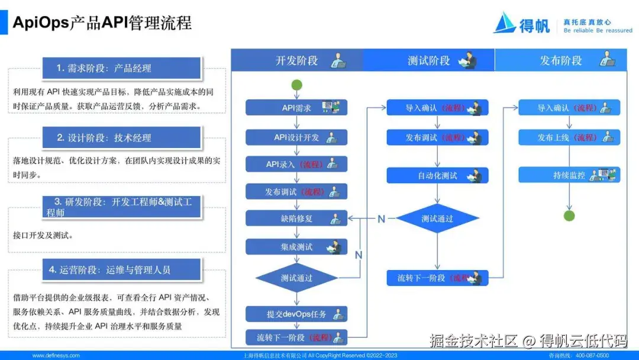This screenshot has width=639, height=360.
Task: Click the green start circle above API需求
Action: point(297,85)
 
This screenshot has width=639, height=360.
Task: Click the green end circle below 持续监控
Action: point(569,216)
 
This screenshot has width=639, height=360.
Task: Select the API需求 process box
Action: point(296,108)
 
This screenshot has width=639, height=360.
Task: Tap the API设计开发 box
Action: point(296,137)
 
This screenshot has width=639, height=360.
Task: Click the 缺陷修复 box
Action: point(296,218)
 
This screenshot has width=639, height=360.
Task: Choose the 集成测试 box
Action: point(296,247)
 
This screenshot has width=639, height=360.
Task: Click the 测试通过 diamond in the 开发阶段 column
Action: point(296,278)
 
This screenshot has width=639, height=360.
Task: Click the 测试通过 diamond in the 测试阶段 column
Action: point(437,218)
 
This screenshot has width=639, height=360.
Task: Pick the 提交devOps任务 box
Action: point(296,314)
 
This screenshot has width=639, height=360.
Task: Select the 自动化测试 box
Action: point(438,175)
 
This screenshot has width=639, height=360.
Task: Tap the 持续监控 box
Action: point(569,175)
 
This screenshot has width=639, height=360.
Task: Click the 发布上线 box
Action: point(569,137)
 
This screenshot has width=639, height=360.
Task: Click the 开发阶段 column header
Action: point(296,60)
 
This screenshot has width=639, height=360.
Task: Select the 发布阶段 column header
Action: point(560,60)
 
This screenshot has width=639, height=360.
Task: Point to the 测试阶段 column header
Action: point(428,60)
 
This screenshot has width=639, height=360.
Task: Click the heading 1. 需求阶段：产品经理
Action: point(121,68)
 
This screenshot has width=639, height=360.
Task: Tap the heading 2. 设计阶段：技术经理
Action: point(121,137)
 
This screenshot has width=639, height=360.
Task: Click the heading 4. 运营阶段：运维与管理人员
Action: point(121,270)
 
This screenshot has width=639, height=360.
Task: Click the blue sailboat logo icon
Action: point(505,22)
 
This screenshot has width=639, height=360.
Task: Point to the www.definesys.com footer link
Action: point(56,355)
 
